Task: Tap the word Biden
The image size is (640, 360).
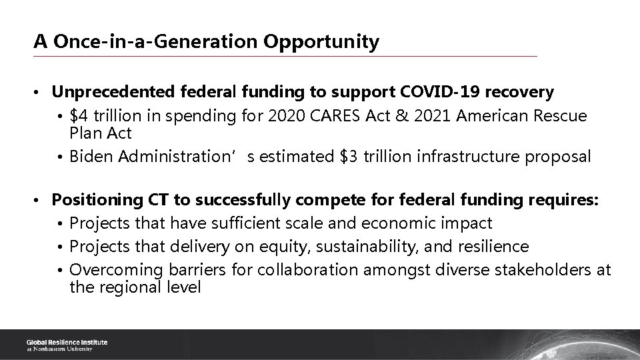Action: pos(91,157)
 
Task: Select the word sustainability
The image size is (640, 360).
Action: pos(361,247)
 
